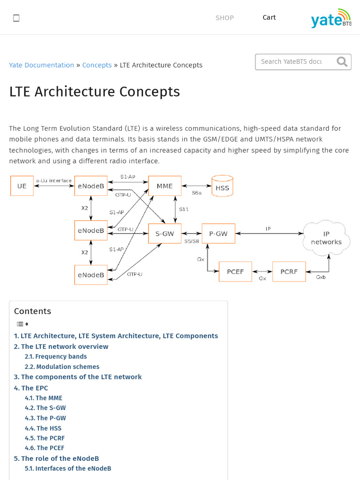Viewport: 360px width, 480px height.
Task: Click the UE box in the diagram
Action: [22, 186]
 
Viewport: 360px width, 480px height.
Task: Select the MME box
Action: [165, 186]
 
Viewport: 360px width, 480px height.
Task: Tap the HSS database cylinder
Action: [222, 186]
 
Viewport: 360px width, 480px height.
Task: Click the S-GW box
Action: [165, 233]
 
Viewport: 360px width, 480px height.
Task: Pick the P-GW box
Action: [218, 233]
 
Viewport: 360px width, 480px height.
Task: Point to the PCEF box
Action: [235, 271]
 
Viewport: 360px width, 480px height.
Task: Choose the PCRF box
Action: [289, 271]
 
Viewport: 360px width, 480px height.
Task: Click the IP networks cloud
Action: [326, 239]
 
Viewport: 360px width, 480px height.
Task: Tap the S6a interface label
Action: [197, 193]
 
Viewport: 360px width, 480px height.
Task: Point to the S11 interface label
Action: [184, 210]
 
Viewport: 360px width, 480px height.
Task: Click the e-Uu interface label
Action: [54, 180]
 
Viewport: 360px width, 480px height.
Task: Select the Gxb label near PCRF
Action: [321, 277]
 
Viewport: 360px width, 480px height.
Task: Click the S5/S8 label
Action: [191, 241]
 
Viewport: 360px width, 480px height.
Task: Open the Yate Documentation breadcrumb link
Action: [41, 65]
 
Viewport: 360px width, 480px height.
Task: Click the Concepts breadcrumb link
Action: [97, 65]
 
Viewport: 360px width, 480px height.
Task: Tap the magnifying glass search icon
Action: [342, 61]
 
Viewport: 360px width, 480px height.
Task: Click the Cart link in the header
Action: [269, 17]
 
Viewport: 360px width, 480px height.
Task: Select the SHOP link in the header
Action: [225, 18]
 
